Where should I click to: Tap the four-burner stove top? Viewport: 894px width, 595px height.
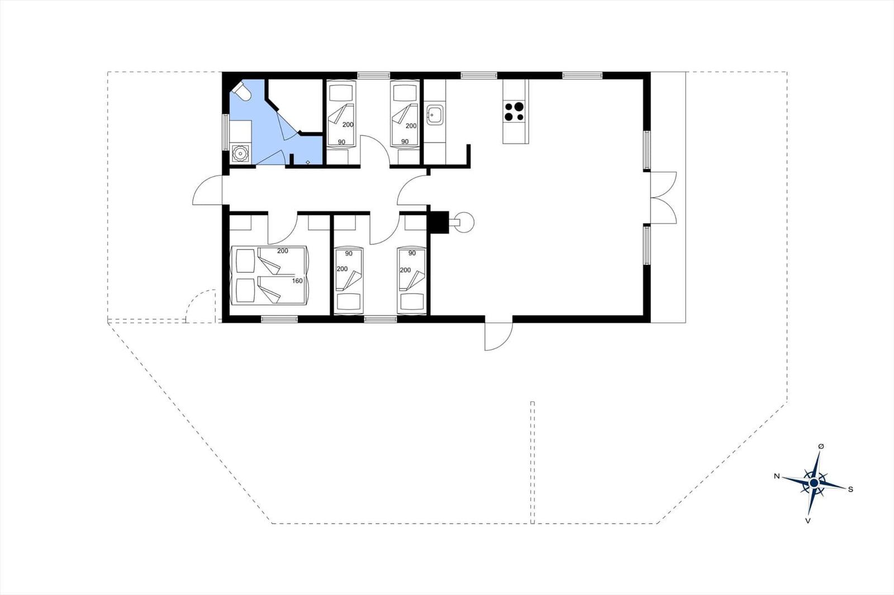[514, 111]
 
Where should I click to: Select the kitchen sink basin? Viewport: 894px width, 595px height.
[435, 115]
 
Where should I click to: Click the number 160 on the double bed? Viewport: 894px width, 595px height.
[297, 281]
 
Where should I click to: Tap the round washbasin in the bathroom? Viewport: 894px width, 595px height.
[240, 153]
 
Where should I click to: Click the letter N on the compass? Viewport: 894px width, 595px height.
[776, 476]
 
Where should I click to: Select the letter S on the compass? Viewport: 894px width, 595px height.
[850, 490]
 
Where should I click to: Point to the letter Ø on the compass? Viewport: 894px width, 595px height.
[821, 447]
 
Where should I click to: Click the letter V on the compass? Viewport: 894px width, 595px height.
[808, 521]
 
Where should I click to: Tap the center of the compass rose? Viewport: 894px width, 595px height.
[814, 483]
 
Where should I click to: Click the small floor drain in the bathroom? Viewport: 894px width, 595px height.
[308, 162]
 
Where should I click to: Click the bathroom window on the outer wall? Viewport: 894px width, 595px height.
[226, 132]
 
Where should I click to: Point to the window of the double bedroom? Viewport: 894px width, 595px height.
[279, 319]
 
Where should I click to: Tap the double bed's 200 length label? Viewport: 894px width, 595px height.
[283, 251]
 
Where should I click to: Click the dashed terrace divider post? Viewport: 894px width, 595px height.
[532, 463]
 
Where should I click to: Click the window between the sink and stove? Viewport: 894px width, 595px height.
[479, 75]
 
